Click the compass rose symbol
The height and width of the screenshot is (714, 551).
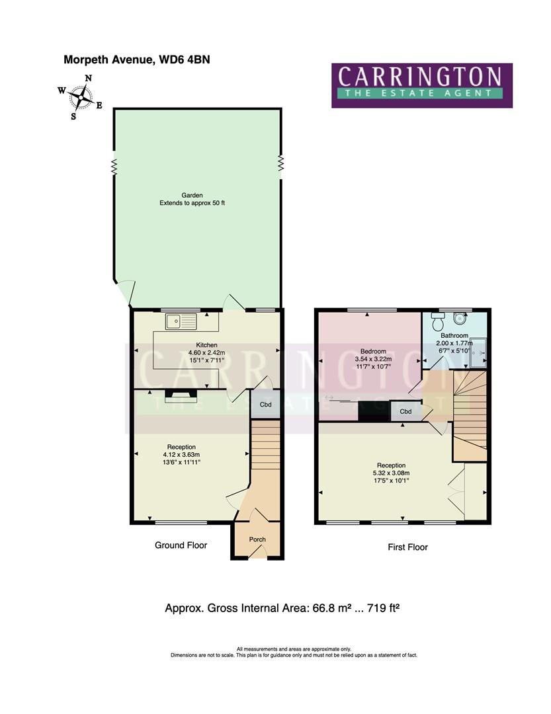(80, 98)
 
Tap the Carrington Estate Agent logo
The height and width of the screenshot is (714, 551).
(421, 85)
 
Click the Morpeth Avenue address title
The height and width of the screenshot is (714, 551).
(136, 59)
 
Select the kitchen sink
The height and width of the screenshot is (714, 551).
(182, 322)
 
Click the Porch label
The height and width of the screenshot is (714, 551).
(257, 539)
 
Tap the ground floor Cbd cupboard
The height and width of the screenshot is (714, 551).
(265, 405)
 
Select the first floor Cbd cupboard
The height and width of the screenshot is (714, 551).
(406, 411)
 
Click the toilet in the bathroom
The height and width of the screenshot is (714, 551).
(437, 323)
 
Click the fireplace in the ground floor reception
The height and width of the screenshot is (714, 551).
(181, 395)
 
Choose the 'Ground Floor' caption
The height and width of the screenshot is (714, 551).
(181, 545)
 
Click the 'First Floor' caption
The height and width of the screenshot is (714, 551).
(407, 547)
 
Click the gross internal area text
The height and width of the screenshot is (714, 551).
(282, 607)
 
